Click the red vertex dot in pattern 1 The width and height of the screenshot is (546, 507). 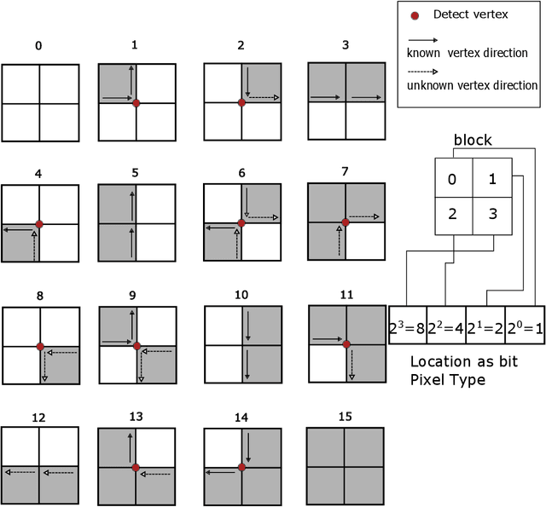(136, 102)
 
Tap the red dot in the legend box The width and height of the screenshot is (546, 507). (415, 15)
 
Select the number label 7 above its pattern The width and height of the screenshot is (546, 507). (344, 172)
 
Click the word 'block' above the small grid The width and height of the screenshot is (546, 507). (473, 141)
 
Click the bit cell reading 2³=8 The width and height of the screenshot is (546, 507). (407, 326)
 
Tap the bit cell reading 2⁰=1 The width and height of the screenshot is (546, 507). (524, 326)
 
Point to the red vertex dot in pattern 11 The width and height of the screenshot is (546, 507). (346, 344)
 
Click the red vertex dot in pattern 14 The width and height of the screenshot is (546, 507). (241, 467)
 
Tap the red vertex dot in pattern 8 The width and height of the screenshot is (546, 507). (40, 346)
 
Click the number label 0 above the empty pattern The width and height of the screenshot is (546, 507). (38, 45)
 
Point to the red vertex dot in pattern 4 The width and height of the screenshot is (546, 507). (39, 223)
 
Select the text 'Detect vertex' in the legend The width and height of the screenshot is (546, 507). (470, 14)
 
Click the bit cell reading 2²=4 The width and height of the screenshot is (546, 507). (445, 326)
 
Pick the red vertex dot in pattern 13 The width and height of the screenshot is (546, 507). (136, 467)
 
